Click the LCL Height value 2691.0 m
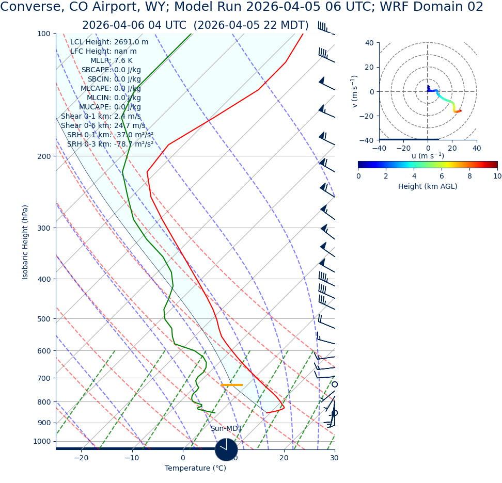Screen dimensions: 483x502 131,42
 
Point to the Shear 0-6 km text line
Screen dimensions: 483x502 103,126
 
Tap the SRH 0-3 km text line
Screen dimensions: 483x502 110,144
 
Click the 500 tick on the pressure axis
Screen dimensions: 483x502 44,319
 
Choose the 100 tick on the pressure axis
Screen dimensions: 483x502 44,34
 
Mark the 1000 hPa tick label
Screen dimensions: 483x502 42,441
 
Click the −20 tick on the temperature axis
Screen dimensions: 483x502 81,458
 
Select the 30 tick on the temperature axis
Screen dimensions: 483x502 334,458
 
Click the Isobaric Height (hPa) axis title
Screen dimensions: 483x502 25,242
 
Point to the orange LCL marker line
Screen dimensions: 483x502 231,385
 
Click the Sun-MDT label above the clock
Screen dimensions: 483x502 226,429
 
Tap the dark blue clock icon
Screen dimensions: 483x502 226,449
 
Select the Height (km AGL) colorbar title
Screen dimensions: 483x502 428,187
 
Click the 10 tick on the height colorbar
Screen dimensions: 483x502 497,176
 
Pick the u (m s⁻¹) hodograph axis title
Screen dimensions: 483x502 428,156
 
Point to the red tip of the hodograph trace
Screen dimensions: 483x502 460,111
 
